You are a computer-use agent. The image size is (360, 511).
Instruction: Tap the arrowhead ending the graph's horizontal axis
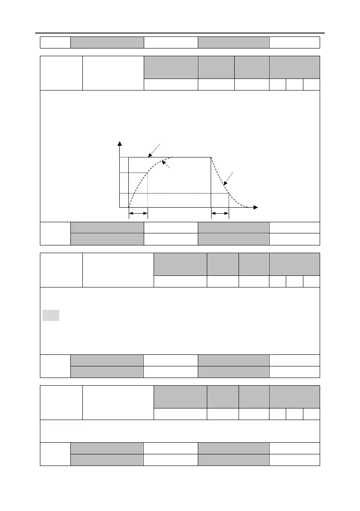(x=256, y=208)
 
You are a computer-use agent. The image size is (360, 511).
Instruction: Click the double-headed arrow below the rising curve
(x=138, y=213)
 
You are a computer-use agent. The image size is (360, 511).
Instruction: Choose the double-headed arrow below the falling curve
(x=220, y=213)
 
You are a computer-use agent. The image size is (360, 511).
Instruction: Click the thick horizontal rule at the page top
(x=180, y=33)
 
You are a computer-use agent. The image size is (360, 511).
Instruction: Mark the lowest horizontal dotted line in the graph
(x=172, y=194)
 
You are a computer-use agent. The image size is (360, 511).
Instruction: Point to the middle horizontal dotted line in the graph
(x=133, y=173)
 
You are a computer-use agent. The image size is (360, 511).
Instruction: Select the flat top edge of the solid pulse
(x=189, y=157)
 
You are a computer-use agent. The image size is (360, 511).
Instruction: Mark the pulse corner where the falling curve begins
(x=211, y=157)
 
